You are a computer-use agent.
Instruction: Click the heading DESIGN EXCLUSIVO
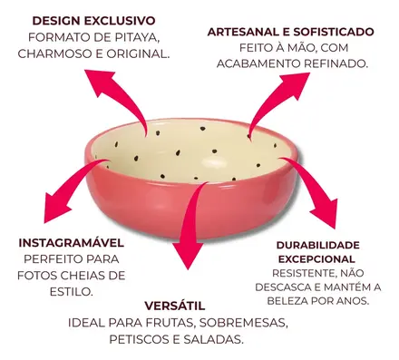(x=93, y=21)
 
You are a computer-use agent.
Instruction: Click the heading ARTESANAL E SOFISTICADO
(x=291, y=32)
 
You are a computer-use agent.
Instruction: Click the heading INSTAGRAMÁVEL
(x=72, y=243)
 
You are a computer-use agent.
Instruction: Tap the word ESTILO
(x=71, y=292)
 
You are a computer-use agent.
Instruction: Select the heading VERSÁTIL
(x=175, y=306)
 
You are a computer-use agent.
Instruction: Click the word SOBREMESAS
(x=243, y=323)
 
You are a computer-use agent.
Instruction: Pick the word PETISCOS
(x=140, y=339)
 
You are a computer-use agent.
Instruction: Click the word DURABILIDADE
(x=318, y=245)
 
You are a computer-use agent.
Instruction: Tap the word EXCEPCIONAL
(x=316, y=259)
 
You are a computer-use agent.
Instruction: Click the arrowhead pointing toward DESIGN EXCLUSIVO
(x=98, y=80)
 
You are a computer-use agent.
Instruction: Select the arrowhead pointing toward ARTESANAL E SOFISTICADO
(x=297, y=83)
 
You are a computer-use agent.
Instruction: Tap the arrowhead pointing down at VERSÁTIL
(x=188, y=254)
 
